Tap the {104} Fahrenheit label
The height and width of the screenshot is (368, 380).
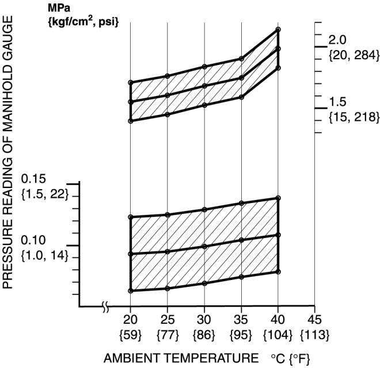(x=278, y=334)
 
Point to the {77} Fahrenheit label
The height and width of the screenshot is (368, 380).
(x=168, y=334)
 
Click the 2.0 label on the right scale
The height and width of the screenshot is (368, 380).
(x=337, y=40)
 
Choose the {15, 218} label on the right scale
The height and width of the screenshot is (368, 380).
(x=353, y=117)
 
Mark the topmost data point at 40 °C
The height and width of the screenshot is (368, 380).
(x=278, y=29)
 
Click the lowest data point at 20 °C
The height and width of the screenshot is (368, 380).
(x=131, y=291)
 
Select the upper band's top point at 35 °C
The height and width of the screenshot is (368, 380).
(x=242, y=59)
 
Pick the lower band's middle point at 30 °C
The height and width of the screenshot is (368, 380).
(x=204, y=247)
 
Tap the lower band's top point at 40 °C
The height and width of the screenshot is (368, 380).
(x=278, y=198)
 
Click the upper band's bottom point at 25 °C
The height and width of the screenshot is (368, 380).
(x=168, y=114)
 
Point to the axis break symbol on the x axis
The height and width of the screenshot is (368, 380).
(x=105, y=306)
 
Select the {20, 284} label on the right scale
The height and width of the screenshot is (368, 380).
(x=353, y=55)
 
